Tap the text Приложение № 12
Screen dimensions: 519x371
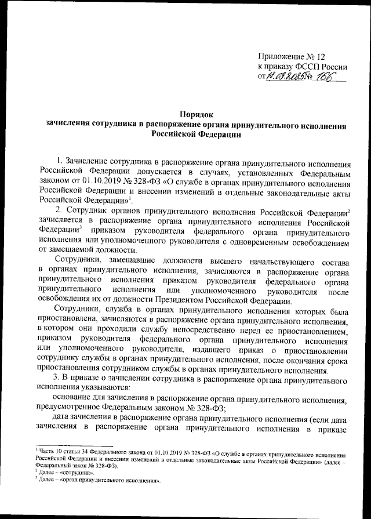290,57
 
